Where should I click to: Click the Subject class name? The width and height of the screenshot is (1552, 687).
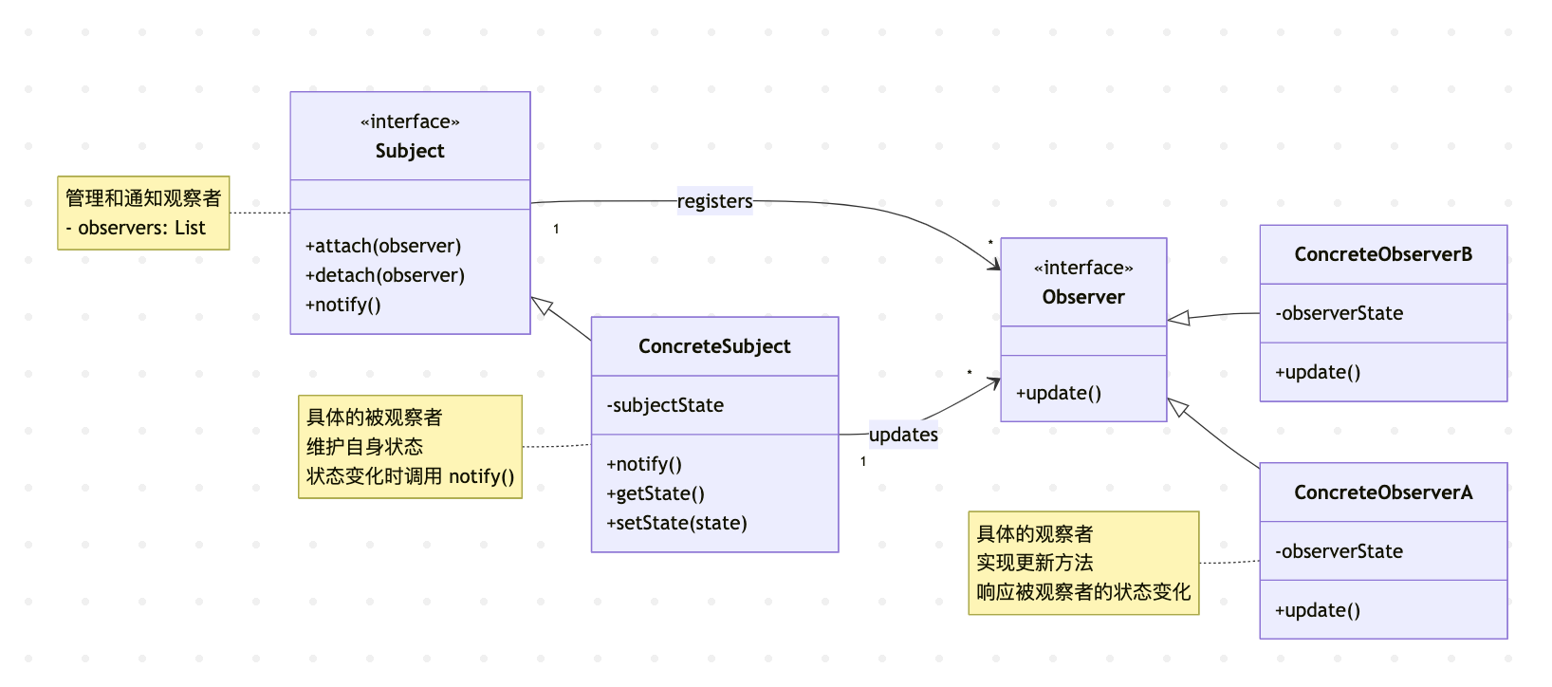(x=410, y=151)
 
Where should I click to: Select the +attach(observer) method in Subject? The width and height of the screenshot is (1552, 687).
(x=383, y=246)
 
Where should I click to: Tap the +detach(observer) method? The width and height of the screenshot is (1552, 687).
(x=385, y=275)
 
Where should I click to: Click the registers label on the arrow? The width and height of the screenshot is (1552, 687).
(x=714, y=201)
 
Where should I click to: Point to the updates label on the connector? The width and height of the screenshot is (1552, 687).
(x=903, y=435)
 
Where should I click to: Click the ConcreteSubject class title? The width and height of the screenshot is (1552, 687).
(x=714, y=346)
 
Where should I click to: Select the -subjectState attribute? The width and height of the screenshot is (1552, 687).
(x=665, y=405)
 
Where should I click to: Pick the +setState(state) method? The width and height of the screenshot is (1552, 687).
(x=677, y=523)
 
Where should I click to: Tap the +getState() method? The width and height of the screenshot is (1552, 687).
(x=656, y=493)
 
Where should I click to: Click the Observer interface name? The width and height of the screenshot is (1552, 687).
(x=1083, y=297)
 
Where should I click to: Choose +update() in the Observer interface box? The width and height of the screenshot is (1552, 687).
(x=1059, y=393)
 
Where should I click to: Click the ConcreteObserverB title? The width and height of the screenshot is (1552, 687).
(x=1383, y=254)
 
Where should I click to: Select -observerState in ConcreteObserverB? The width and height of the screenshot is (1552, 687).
(x=1340, y=313)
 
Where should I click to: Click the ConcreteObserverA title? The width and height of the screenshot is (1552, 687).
(x=1383, y=492)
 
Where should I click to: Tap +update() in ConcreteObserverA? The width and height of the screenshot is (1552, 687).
(x=1318, y=610)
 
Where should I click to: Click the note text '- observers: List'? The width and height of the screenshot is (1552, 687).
(x=136, y=228)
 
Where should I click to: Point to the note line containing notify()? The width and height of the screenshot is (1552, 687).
(x=410, y=476)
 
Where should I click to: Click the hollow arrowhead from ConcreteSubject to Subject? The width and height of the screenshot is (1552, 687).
(x=542, y=306)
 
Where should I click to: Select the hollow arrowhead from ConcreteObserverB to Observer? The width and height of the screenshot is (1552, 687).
(x=1178, y=318)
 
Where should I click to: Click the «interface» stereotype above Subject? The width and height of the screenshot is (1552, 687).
(x=410, y=121)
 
